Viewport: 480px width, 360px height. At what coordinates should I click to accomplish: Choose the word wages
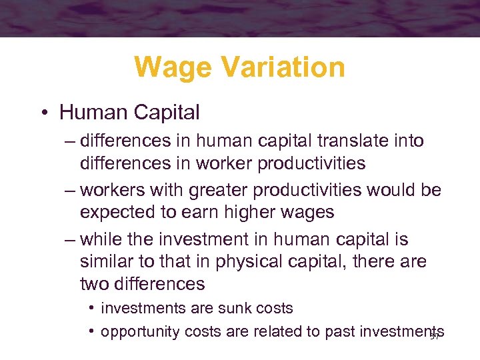(313, 212)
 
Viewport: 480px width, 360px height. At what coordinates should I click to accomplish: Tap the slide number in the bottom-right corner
(435, 337)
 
